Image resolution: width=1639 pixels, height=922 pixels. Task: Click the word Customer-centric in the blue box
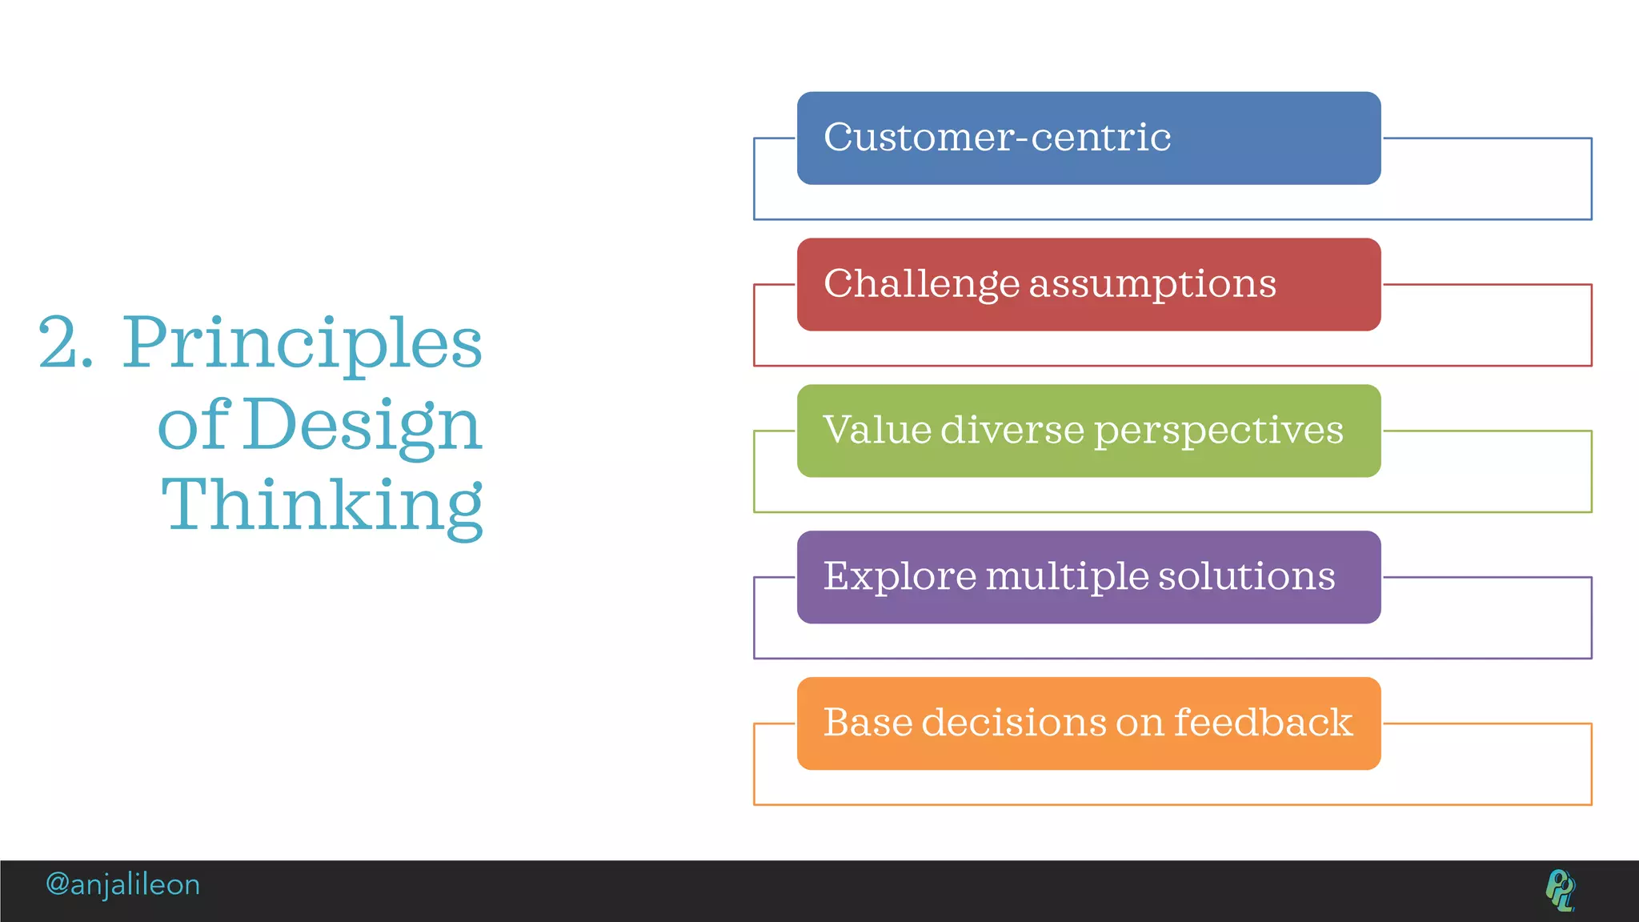point(996,138)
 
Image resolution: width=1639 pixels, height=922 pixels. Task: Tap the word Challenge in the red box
point(922,284)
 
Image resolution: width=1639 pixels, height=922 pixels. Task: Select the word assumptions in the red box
point(1152,285)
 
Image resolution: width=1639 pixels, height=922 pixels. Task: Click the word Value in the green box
point(876,430)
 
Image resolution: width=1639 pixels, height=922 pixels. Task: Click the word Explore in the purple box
point(900,577)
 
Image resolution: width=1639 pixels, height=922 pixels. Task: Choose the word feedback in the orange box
point(1263,722)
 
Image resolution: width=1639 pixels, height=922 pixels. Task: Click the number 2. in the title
point(66,343)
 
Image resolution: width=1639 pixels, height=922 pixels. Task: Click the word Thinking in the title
point(322,506)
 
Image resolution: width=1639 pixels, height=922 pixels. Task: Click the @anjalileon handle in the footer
point(122,884)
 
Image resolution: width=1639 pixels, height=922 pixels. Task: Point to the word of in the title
point(194,424)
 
